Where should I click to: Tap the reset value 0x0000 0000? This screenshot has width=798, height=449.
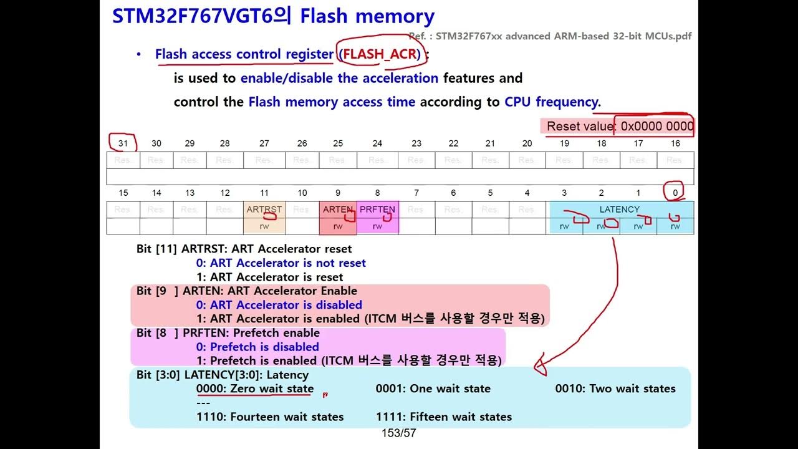click(656, 127)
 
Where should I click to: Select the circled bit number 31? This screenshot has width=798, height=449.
click(123, 143)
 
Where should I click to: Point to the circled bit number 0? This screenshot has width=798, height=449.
click(675, 193)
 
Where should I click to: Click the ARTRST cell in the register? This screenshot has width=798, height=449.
click(264, 210)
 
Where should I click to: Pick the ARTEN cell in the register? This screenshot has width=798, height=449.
click(338, 210)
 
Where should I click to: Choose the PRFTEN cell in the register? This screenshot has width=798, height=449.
click(377, 210)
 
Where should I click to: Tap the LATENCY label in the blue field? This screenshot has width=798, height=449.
click(619, 210)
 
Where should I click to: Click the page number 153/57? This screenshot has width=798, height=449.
click(398, 433)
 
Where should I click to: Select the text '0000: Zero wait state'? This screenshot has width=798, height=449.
click(255, 389)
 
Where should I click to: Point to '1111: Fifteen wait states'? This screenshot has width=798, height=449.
click(443, 417)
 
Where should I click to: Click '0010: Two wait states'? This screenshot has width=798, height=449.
click(615, 389)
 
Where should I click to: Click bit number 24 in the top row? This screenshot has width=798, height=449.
click(377, 143)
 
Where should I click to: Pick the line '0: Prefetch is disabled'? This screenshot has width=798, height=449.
click(257, 347)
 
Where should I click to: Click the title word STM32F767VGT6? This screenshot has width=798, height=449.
click(193, 16)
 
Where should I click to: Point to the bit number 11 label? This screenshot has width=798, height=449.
click(264, 193)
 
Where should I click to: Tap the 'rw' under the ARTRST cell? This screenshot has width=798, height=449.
click(264, 226)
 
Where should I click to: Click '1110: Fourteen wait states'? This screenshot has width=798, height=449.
click(270, 417)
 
